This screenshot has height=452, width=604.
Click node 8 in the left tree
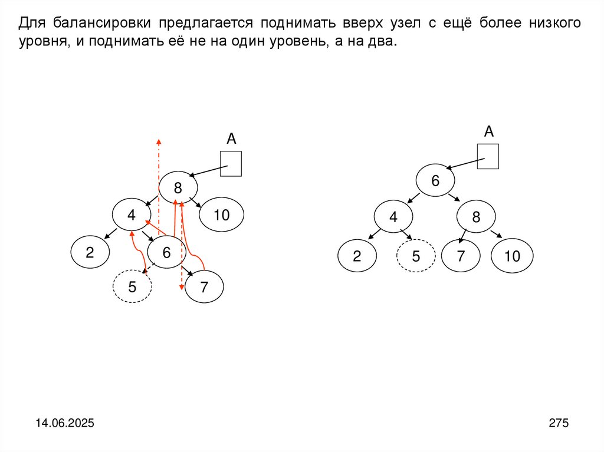click(x=178, y=188)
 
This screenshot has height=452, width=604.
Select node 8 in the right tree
click(x=476, y=217)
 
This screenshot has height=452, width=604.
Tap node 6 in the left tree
click(x=166, y=253)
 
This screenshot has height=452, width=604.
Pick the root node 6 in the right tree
click(x=435, y=181)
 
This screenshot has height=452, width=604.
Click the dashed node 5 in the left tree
click(x=132, y=287)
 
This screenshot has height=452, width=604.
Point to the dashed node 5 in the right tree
click(x=416, y=256)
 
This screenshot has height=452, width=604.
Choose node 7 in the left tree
click(x=204, y=288)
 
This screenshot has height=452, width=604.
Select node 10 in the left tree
click(x=221, y=215)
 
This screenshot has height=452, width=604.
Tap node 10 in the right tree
click(x=513, y=256)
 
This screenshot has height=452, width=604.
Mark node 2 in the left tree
click(x=90, y=253)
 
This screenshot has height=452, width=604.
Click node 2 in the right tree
click(x=357, y=256)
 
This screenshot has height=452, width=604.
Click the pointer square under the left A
click(x=231, y=163)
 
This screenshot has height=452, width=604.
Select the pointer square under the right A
click(x=488, y=156)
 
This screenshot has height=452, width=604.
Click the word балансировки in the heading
click(x=104, y=23)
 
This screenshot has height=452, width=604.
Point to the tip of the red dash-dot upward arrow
click(x=158, y=140)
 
